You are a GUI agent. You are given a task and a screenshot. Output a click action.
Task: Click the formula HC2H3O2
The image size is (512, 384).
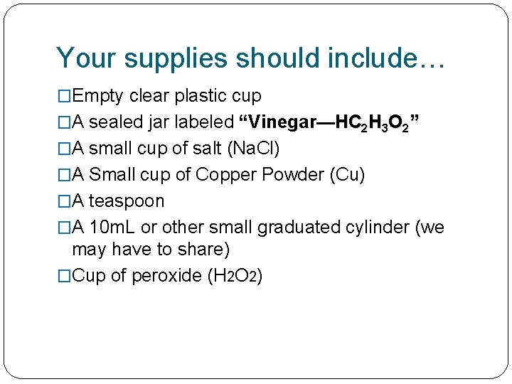[374, 122]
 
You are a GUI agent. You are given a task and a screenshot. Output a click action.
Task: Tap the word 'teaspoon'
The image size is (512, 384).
[126, 201]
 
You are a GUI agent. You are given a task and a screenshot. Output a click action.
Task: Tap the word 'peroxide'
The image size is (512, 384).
[166, 276]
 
